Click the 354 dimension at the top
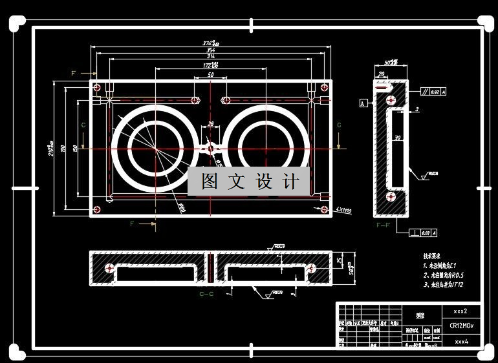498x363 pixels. (210, 50)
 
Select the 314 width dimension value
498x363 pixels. (210, 57)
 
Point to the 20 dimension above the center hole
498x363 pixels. (210, 123)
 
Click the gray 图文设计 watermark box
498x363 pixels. (249, 181)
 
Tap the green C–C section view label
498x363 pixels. (206, 294)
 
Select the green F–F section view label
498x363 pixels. (383, 225)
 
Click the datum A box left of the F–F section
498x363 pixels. (363, 103)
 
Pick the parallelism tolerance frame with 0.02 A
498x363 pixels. (433, 92)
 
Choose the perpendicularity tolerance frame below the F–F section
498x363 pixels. (421, 233)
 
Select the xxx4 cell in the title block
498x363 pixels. (461, 340)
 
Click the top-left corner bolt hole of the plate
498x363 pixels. (97, 87)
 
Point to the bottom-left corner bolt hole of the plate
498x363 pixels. (97, 209)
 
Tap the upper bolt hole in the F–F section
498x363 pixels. (390, 101)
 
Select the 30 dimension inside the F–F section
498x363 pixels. (398, 138)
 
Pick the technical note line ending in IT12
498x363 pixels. (444, 284)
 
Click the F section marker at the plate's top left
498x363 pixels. (74, 74)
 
